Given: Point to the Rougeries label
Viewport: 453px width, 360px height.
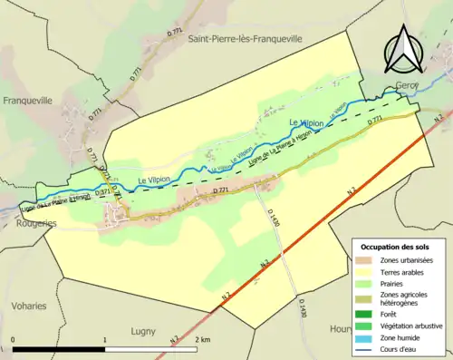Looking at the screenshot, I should coord(22,223).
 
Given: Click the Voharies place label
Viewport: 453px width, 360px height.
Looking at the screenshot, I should coord(29,306).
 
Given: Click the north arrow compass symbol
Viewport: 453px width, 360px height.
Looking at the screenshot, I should coord(403,49).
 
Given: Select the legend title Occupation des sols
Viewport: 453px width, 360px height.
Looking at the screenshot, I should coord(395,247).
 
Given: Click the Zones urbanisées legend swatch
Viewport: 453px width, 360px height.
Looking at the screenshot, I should coord(366,260).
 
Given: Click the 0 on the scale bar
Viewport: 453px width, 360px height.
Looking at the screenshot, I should coord(13,339).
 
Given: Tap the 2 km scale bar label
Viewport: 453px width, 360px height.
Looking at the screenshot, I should coord(201,339).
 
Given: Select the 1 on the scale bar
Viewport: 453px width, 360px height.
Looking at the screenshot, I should coord(105,339).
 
